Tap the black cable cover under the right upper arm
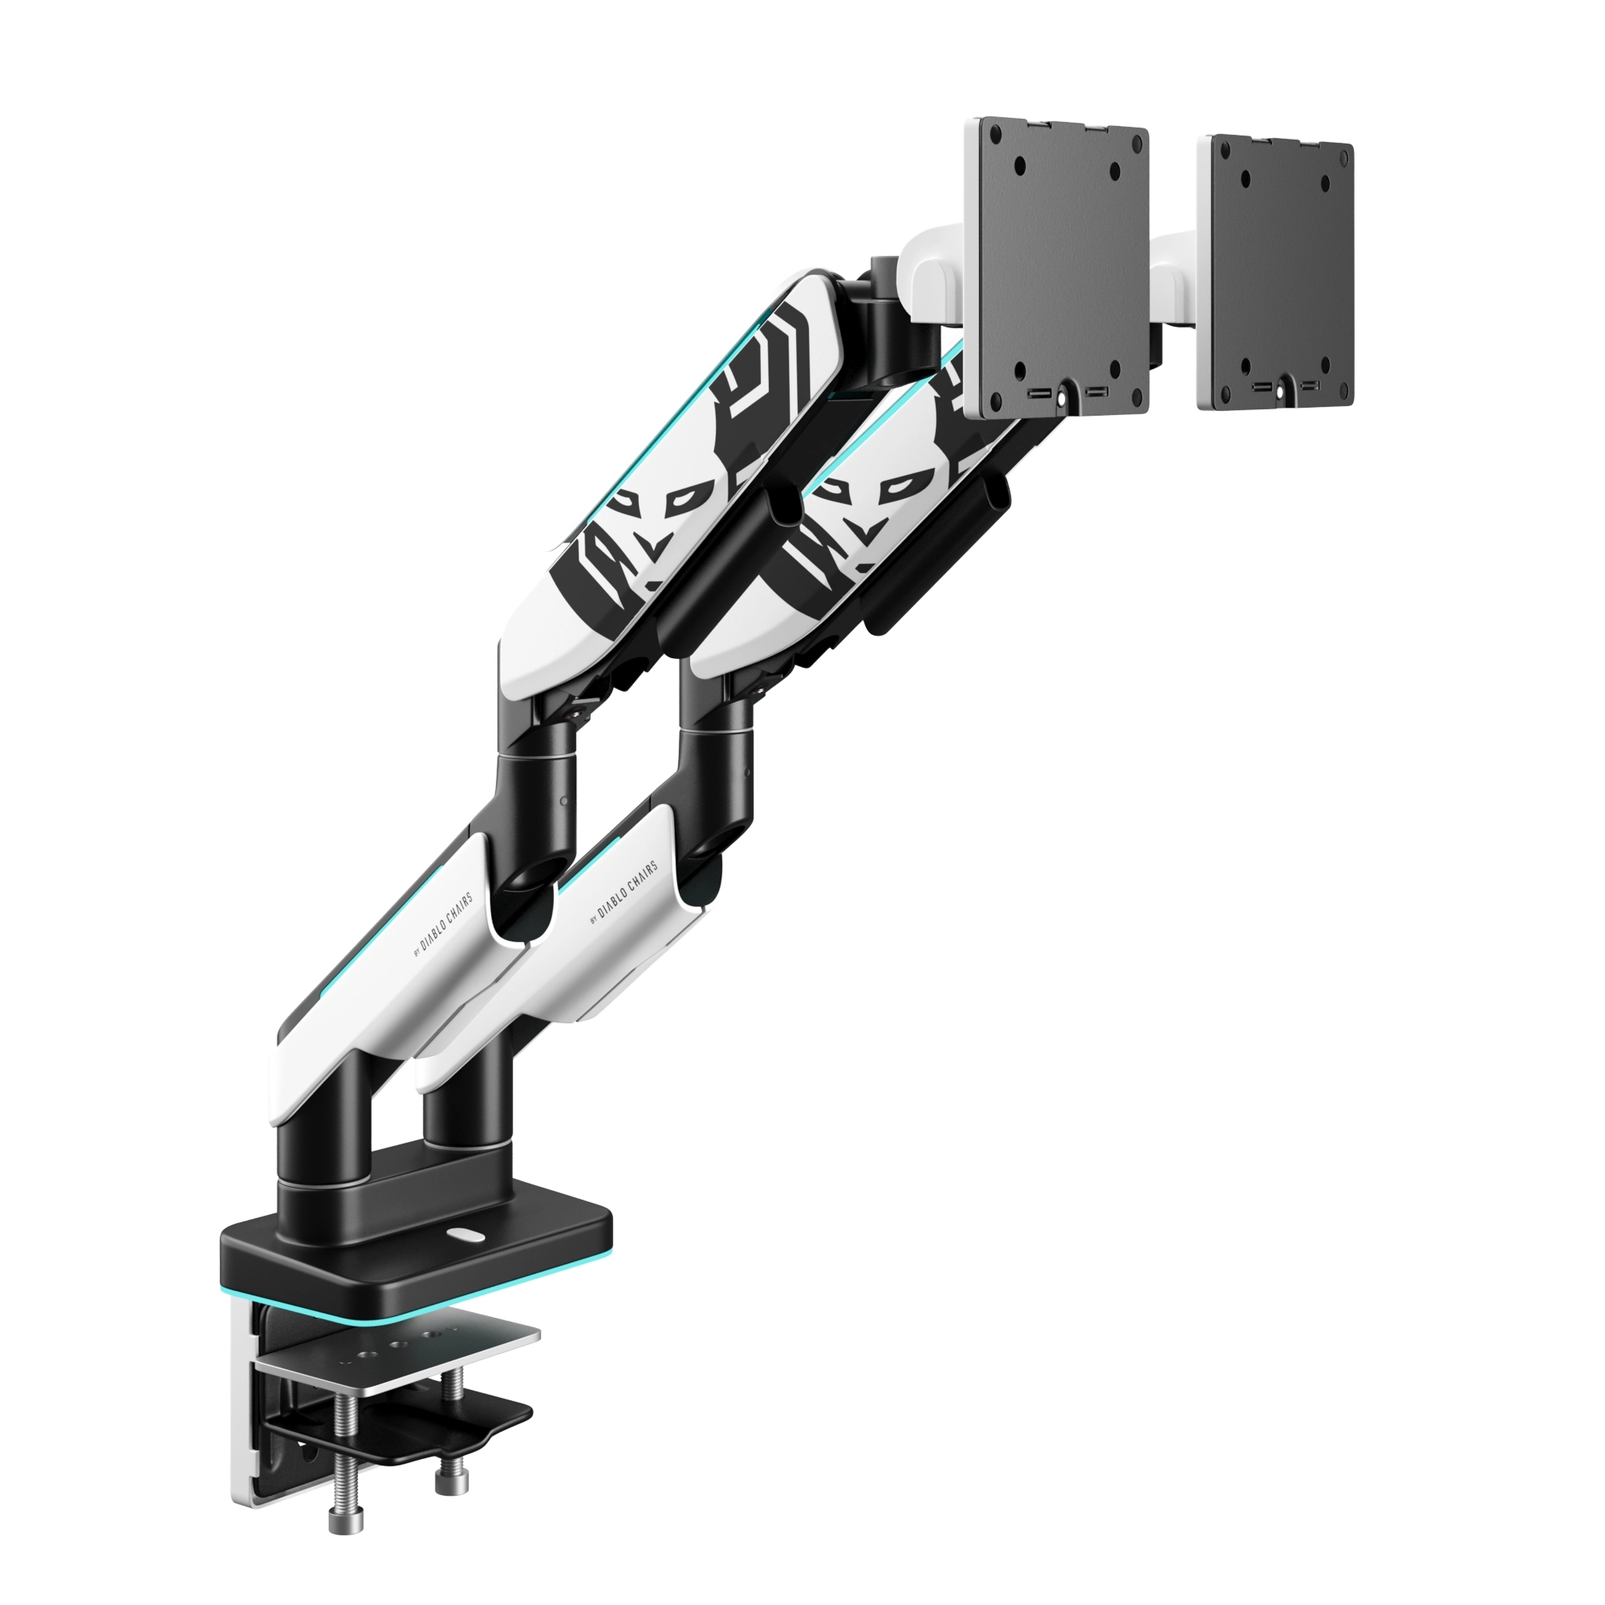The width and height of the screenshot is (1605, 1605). tap(939, 557)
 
